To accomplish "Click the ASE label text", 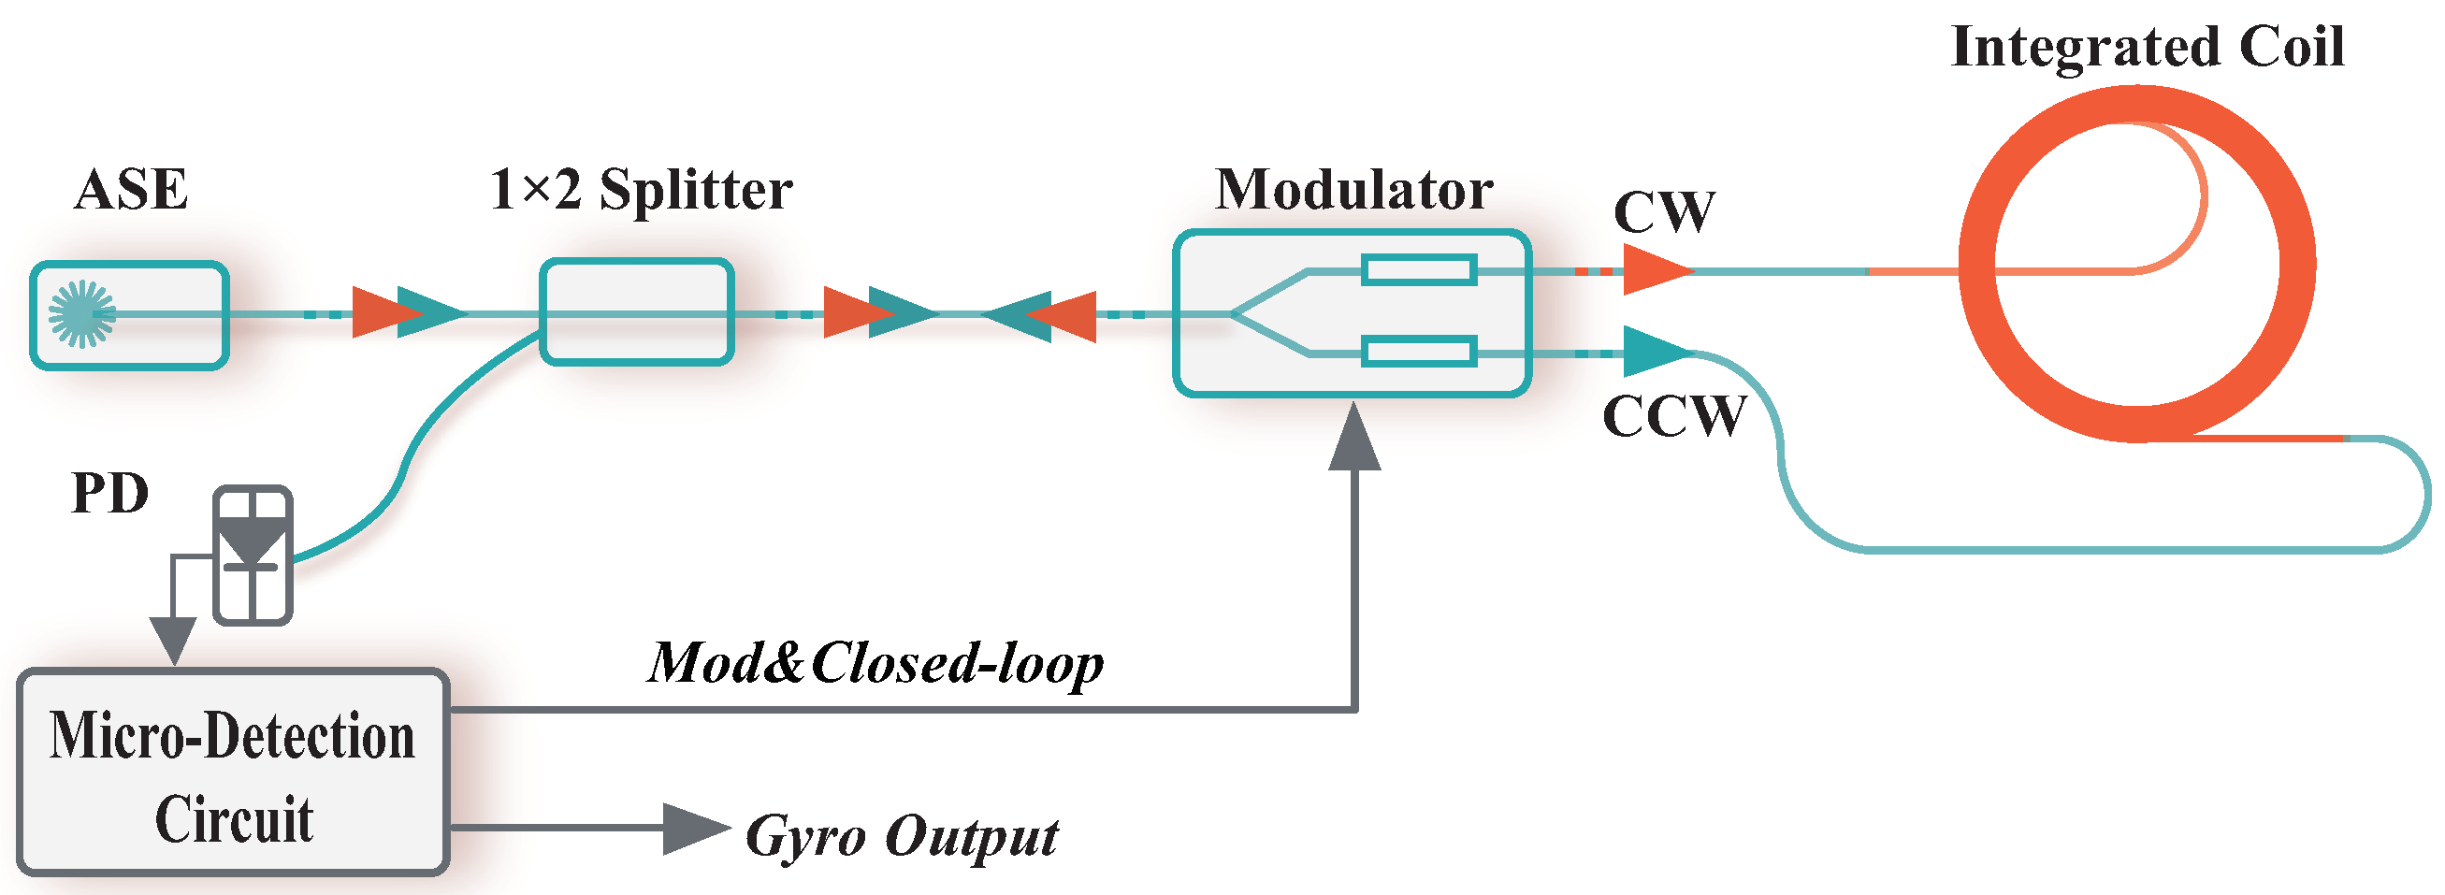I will pos(131,190).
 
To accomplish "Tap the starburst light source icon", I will pos(81,314).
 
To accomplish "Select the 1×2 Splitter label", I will pos(641,190).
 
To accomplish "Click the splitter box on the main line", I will pos(637,312).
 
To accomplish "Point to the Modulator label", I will pos(1353,190).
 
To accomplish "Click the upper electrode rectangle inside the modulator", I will pos(1419,270).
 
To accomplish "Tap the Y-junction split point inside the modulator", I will pos(1234,313).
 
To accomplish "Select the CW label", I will pos(1664,211).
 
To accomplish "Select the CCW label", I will pos(1673,416).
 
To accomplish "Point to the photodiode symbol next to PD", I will pos(253,556).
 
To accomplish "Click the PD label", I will pos(110,494).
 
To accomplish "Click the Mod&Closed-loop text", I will pos(875,662).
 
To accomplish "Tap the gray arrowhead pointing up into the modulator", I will pos(1354,439).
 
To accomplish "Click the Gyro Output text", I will pos(901,837).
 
